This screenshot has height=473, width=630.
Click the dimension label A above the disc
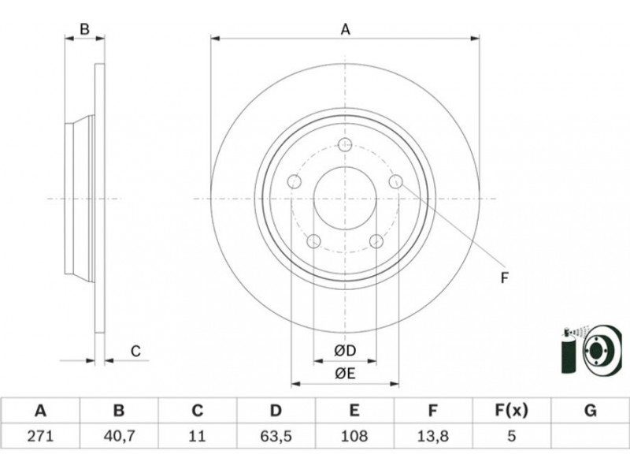click(x=345, y=30)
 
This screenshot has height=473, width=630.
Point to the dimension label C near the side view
click(x=135, y=351)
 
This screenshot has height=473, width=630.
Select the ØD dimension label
click(x=345, y=351)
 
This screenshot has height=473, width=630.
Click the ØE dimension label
click(x=345, y=374)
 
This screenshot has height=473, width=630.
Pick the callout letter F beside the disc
click(x=505, y=277)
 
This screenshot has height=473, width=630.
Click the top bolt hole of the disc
click(x=345, y=144)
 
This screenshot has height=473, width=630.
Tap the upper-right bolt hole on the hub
click(x=395, y=182)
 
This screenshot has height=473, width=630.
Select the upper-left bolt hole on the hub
click(x=295, y=182)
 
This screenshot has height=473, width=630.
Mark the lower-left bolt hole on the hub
click(x=313, y=241)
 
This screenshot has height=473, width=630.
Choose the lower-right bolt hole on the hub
click(x=376, y=241)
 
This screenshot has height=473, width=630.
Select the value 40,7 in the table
click(x=118, y=434)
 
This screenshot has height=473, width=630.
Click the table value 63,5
click(x=276, y=434)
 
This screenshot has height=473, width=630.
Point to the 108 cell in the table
click(x=354, y=434)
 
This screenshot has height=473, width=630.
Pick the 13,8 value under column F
click(x=433, y=434)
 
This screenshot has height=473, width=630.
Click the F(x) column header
click(x=512, y=411)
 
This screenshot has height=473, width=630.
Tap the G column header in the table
click(x=591, y=411)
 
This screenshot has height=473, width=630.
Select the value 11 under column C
click(x=197, y=434)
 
